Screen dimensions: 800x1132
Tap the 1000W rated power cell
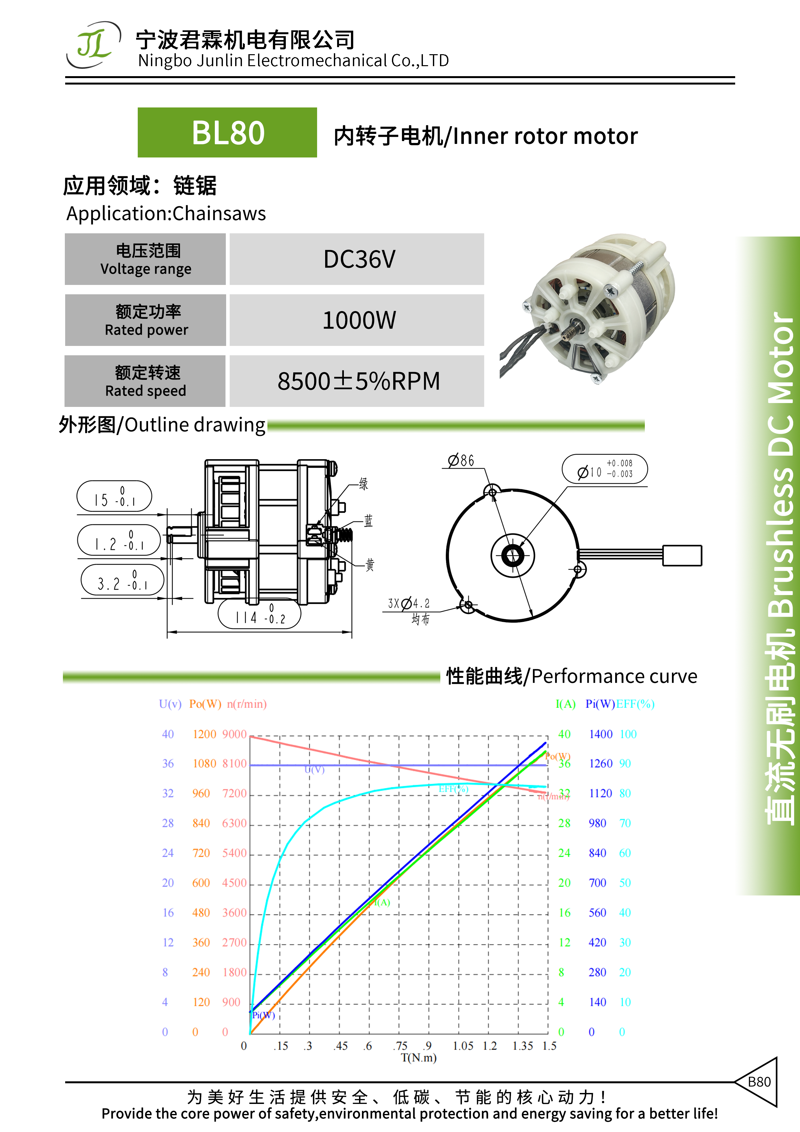(x=357, y=320)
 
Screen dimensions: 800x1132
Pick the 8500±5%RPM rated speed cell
(x=357, y=381)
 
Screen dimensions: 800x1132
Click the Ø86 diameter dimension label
(x=461, y=460)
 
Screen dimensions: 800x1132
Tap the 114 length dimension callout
(x=259, y=614)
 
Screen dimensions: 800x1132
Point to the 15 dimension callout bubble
(x=115, y=496)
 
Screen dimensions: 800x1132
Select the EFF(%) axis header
(x=635, y=704)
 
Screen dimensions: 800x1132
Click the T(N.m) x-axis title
(x=418, y=1057)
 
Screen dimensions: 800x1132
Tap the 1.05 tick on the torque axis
(x=463, y=1046)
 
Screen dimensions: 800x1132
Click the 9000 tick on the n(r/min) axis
(x=234, y=734)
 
